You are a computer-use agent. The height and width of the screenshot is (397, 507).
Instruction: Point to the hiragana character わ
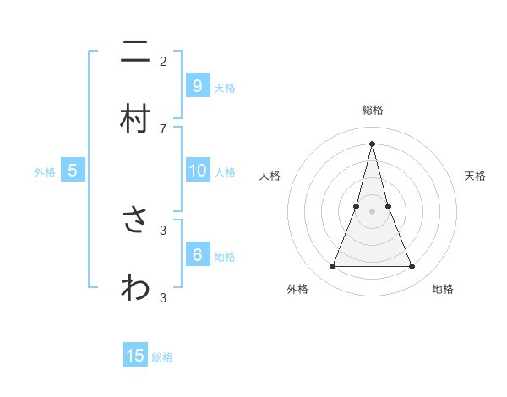pos(135,288)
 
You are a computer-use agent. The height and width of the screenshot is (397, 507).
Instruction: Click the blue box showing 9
pos(197,85)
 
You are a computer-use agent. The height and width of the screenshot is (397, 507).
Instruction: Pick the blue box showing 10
pos(197,171)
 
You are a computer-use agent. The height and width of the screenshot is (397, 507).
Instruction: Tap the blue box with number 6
pos(197,255)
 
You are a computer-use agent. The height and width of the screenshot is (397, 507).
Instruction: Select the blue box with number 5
pos(73,171)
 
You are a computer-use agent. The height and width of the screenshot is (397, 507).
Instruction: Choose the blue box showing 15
pos(135,356)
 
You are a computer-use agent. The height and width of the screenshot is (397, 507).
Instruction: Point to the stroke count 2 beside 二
pos(163,61)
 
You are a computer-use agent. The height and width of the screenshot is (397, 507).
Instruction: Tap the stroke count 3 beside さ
pos(163,229)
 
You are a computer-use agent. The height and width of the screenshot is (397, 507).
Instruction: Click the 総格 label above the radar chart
pos(373,110)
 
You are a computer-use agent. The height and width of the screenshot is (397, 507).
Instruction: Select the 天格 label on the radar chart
pos(476,176)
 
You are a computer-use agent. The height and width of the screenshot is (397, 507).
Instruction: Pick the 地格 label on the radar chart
pos(443,289)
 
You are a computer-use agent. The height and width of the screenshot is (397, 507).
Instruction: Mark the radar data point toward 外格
pos(332,267)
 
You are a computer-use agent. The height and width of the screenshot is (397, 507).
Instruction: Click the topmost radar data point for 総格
pos(373,143)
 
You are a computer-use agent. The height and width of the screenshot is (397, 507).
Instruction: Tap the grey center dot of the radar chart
pos(373,210)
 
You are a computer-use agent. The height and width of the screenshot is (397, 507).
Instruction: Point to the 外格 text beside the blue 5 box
pos(45,172)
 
